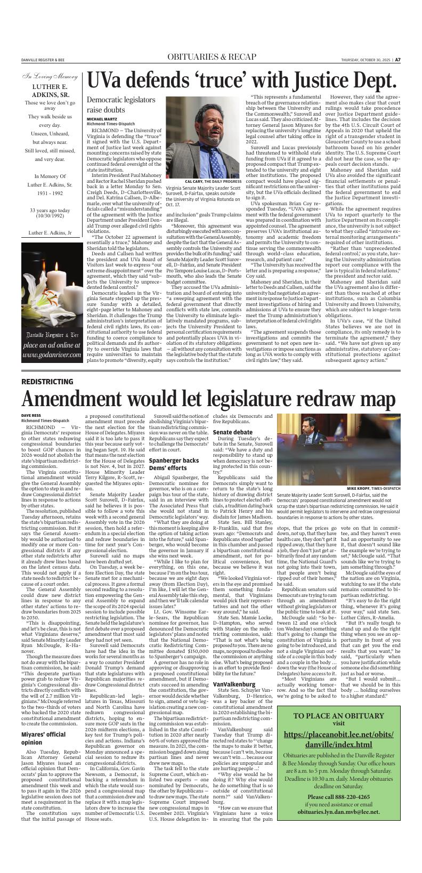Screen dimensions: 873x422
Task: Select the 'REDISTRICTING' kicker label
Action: coord(47,382)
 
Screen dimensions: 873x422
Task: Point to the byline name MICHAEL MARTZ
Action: coord(102,118)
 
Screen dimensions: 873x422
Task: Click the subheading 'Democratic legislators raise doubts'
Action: coord(117,104)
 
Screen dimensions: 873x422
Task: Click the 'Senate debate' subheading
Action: coord(232,432)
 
